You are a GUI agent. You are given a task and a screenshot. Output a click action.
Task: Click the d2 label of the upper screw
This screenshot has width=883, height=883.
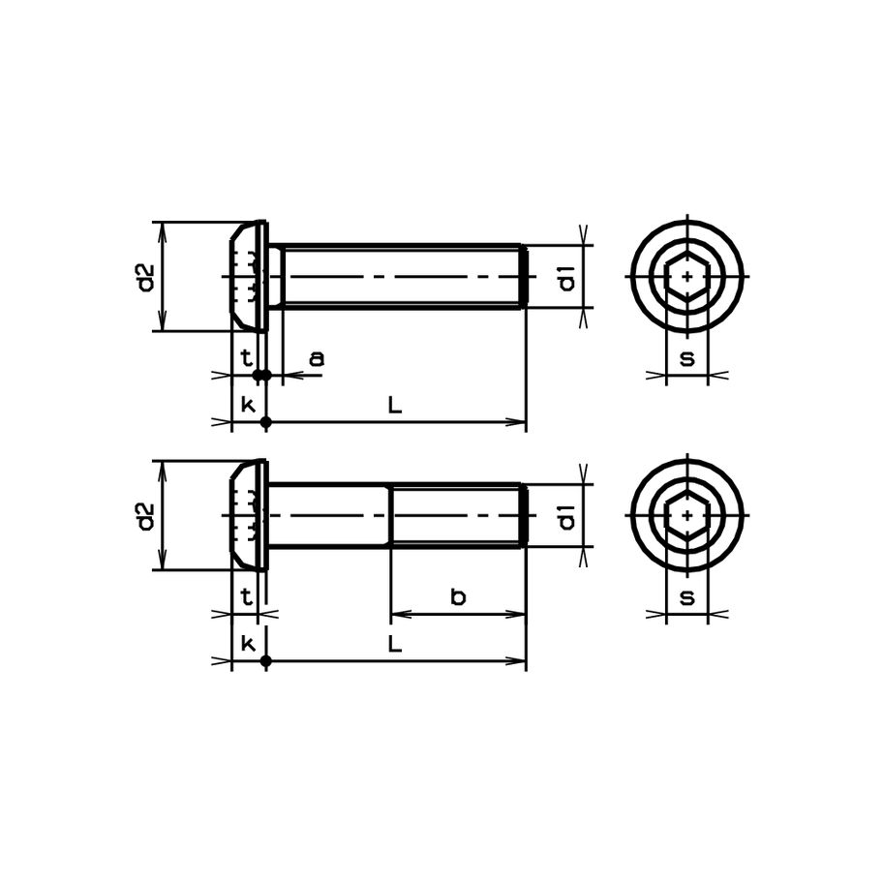click(x=146, y=277)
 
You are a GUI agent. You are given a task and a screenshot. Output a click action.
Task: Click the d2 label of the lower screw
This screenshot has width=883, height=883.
click(x=146, y=516)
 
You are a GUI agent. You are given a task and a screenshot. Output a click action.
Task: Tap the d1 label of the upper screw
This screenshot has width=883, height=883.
click(x=567, y=278)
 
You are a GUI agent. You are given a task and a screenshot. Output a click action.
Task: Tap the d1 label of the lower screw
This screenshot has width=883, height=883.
click(x=567, y=517)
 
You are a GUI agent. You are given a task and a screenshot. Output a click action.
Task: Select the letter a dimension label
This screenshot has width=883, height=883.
click(x=317, y=358)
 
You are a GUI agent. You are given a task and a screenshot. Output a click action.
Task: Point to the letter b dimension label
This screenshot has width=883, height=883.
click(x=458, y=596)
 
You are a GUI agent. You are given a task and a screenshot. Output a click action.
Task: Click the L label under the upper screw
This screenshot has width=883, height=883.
click(x=395, y=405)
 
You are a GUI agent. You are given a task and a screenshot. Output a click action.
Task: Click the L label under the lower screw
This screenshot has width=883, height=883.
click(x=395, y=644)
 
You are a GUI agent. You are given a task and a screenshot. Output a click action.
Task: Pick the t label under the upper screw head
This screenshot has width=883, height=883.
click(x=246, y=357)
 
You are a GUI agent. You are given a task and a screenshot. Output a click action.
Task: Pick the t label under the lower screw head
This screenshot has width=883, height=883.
click(x=246, y=596)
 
